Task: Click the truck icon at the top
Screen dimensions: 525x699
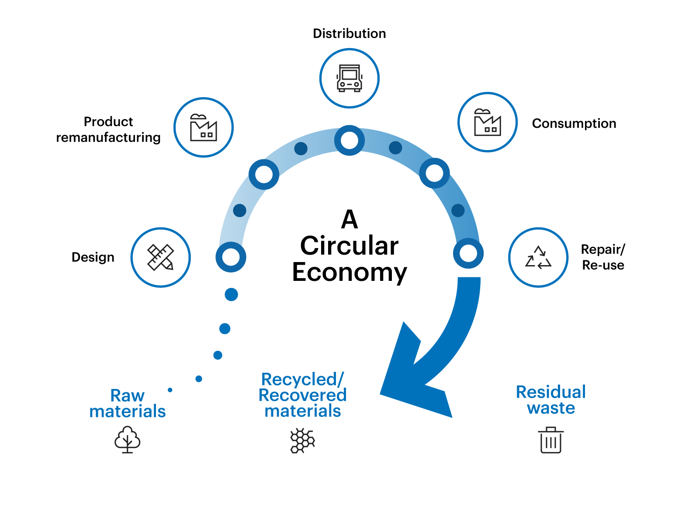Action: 349,78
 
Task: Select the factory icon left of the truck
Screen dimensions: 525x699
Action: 204,127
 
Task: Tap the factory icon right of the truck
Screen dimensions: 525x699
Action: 488,122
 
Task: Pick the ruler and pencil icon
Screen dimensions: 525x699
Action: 161,257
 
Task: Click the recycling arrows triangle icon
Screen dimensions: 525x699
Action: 538,257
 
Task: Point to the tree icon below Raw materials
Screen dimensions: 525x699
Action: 128,439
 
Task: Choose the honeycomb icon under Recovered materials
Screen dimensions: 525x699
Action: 303,441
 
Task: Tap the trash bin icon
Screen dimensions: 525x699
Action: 551,440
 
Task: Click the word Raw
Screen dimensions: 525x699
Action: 127,395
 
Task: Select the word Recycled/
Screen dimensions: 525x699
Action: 303,379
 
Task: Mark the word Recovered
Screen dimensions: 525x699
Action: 303,395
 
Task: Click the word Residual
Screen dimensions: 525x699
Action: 551,392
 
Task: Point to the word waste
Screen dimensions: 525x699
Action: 551,408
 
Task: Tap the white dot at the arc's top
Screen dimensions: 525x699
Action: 349,140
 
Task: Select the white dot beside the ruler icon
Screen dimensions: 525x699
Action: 231,257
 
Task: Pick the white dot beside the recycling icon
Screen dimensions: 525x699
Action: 468,253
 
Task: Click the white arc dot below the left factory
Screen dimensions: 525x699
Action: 264,175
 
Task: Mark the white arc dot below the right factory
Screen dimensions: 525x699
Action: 434,173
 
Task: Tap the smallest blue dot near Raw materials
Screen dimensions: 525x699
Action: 170,390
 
